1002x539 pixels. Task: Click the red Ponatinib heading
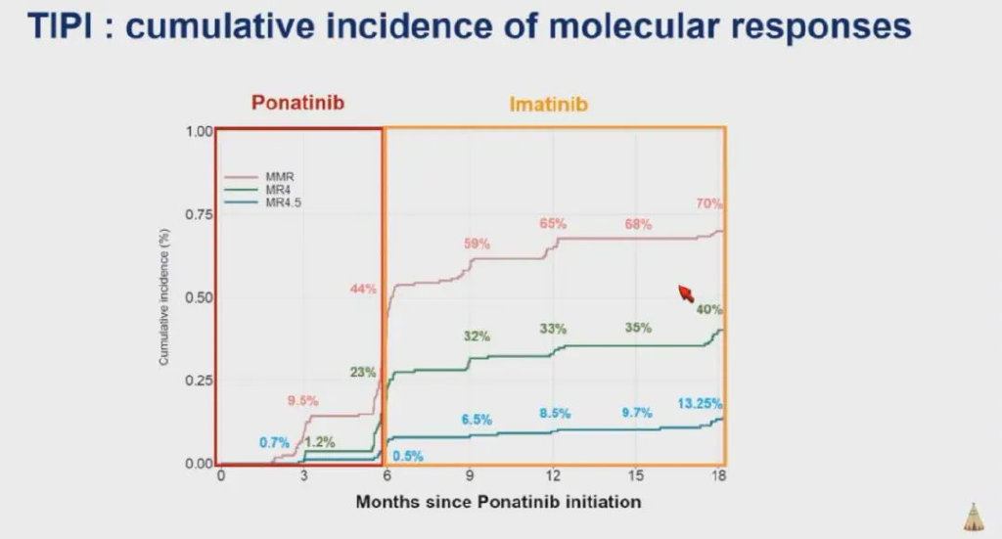[298, 102]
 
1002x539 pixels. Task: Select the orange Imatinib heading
[548, 103]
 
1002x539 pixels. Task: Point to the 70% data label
[709, 203]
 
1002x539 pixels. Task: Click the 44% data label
[363, 289]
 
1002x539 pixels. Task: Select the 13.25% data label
[700, 403]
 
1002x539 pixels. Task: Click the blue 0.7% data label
[275, 442]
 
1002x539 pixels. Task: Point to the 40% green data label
[709, 310]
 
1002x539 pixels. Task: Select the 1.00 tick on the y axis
[199, 131]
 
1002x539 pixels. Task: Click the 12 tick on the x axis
[553, 475]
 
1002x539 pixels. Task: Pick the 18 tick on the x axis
[719, 475]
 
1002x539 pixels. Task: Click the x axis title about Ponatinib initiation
[498, 502]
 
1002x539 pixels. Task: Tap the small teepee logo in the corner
[974, 516]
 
